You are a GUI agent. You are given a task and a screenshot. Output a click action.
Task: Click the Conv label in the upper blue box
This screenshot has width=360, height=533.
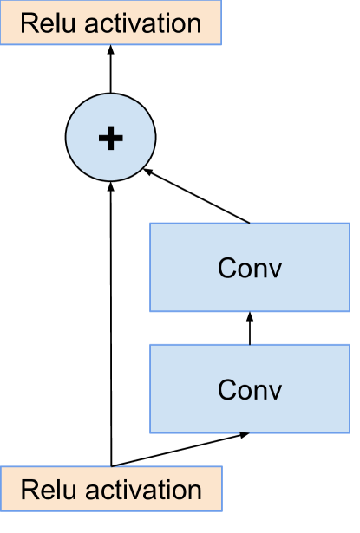coord(250,268)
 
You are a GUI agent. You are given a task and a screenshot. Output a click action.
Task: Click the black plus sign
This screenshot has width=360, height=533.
coord(111,138)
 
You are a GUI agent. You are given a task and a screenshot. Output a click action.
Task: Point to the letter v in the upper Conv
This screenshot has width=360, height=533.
coord(275,270)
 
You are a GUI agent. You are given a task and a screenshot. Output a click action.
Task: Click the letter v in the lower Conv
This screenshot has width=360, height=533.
coord(275,391)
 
